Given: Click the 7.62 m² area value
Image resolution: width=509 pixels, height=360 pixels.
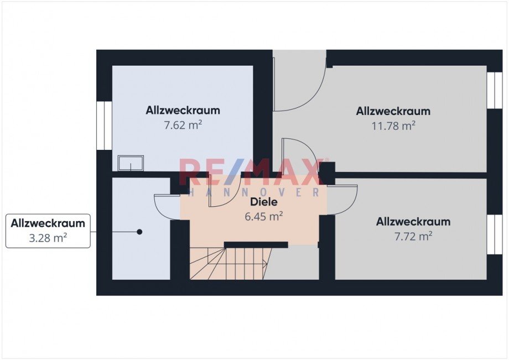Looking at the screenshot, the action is pyautogui.click(x=183, y=125).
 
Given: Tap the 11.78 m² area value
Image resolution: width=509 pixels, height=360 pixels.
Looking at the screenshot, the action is pyautogui.click(x=393, y=126).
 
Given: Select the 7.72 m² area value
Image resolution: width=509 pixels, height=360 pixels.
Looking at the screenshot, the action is pyautogui.click(x=413, y=236).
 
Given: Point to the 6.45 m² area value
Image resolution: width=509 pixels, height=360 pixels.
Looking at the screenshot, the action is pyautogui.click(x=263, y=216).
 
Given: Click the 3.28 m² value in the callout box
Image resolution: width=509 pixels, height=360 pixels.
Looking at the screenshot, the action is pyautogui.click(x=48, y=238).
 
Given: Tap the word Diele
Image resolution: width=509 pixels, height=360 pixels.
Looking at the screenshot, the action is pyautogui.click(x=263, y=202).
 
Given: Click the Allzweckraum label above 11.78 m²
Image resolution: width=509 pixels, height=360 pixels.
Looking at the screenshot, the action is pyautogui.click(x=393, y=111).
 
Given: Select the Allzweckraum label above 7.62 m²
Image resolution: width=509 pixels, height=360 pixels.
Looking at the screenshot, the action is pyautogui.click(x=183, y=110).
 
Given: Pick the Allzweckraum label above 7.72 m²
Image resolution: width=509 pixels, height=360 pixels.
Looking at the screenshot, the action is pyautogui.click(x=413, y=222).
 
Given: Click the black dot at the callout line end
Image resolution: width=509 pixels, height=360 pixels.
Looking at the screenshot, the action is pyautogui.click(x=139, y=232).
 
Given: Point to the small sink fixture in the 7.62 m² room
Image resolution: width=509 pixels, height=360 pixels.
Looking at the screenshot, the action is pyautogui.click(x=131, y=163).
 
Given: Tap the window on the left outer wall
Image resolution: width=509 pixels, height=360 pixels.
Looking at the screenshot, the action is pyautogui.click(x=104, y=126).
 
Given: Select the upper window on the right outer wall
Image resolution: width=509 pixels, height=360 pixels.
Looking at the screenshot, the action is pyautogui.click(x=495, y=90).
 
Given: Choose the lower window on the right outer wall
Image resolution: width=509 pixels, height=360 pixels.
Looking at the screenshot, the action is pyautogui.click(x=495, y=234).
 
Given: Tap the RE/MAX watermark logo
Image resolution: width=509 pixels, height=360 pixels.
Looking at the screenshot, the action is pyautogui.click(x=252, y=172).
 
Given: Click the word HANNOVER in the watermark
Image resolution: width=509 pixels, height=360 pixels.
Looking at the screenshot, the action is pyautogui.click(x=254, y=192).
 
